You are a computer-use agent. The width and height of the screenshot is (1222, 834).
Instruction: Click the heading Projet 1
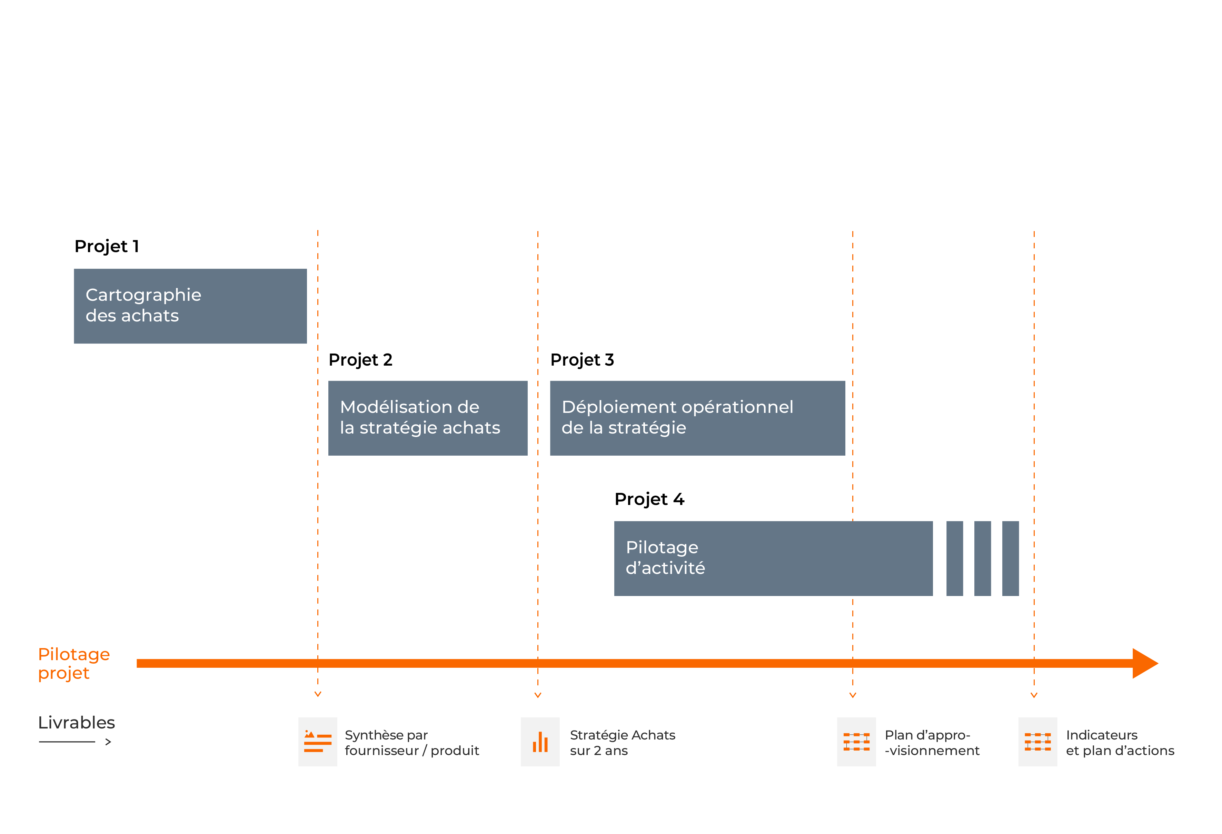(x=107, y=246)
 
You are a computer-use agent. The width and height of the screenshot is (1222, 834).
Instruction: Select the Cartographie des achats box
(x=190, y=306)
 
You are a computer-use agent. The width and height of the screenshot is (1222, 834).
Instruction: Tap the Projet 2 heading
(x=361, y=360)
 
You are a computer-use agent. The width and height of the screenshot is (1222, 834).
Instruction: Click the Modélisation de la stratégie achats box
(x=428, y=418)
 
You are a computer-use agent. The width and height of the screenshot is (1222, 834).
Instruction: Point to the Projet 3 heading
(x=582, y=360)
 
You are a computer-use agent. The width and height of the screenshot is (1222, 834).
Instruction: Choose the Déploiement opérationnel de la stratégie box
(x=698, y=418)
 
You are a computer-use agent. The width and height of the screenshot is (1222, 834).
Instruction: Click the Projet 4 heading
(x=649, y=499)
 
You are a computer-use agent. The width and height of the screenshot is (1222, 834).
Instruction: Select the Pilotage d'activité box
(x=774, y=558)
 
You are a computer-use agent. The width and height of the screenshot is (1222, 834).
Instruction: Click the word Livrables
(x=77, y=723)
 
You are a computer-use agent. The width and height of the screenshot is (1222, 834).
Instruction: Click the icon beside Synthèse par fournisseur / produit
(x=318, y=742)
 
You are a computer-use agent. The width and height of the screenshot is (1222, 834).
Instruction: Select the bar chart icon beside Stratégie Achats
(x=540, y=742)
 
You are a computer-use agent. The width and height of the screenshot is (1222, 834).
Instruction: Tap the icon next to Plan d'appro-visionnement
(x=856, y=742)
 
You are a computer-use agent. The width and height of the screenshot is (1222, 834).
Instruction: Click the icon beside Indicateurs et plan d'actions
(x=1037, y=742)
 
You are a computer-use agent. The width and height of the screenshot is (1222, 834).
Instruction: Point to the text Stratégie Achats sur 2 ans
(x=623, y=743)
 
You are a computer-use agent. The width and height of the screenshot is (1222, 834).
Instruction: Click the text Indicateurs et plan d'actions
(x=1120, y=743)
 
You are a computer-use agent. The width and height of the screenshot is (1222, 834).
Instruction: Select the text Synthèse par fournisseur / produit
(x=412, y=743)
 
